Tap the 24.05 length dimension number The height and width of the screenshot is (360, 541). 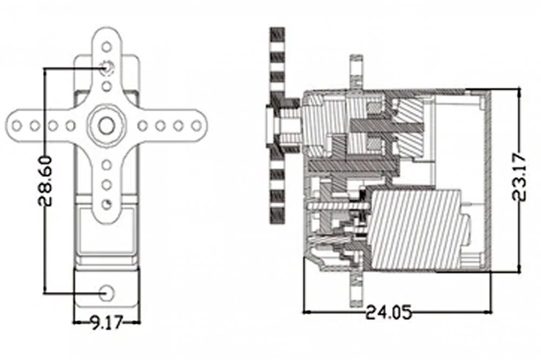(388, 312)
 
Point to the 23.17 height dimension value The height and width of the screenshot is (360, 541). (520, 177)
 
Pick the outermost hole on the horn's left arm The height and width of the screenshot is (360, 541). (17, 126)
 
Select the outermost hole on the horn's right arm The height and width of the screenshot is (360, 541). (196, 126)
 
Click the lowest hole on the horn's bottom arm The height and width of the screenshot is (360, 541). (107, 204)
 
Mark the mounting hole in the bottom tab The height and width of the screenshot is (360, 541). (107, 292)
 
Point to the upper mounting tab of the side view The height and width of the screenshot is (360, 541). (356, 70)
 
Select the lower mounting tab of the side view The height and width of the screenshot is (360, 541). (356, 289)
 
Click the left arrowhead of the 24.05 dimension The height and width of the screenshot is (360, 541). (307, 312)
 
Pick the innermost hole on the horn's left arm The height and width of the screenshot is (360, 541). (70, 126)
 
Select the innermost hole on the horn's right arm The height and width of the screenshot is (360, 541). (143, 126)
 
